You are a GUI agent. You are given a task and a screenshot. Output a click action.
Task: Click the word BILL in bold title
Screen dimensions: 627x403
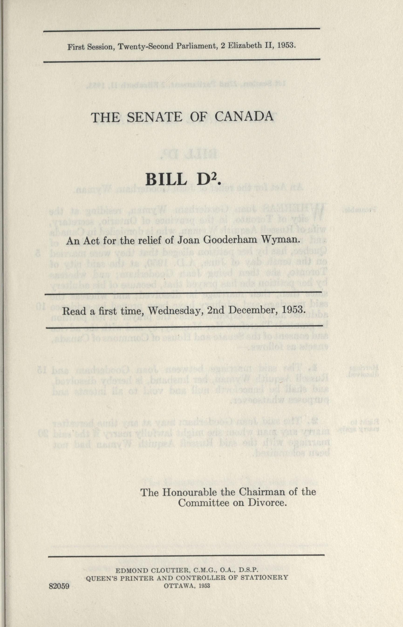click(x=165, y=180)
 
